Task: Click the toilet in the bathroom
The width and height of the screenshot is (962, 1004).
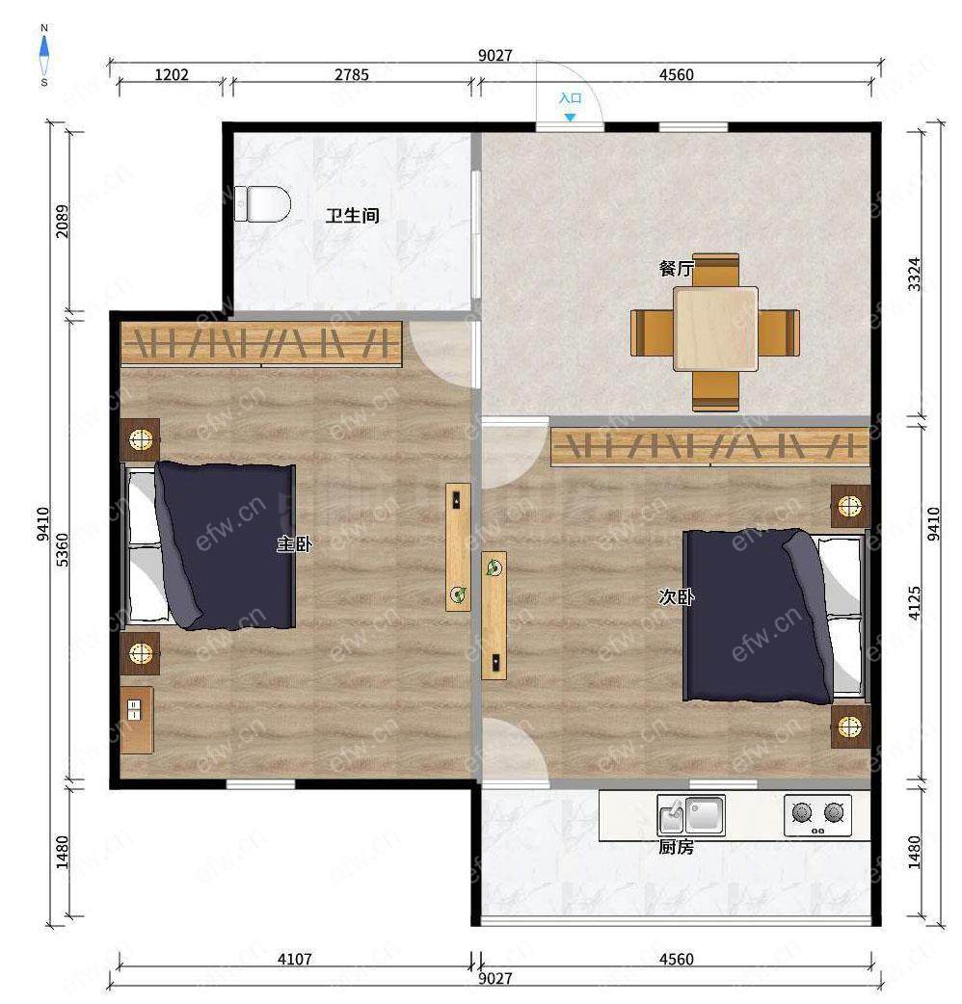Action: tap(262, 204)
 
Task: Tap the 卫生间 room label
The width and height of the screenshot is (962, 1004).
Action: tap(352, 215)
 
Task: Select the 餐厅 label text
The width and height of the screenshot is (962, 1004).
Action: tap(676, 268)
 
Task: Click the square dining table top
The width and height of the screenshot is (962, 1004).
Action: tap(715, 329)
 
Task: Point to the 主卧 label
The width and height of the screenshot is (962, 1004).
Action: tap(295, 544)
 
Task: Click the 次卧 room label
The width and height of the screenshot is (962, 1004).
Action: tap(677, 596)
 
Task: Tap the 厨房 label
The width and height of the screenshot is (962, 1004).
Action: tap(677, 847)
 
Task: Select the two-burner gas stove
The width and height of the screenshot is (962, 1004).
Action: tap(817, 815)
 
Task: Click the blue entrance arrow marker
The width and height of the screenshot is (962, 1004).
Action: tap(570, 118)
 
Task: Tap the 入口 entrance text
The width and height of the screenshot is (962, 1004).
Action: tap(570, 98)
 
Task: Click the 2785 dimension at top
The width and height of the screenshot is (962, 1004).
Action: tap(352, 75)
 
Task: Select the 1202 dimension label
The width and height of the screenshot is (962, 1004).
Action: tap(172, 75)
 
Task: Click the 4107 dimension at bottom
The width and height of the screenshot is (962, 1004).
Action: tap(295, 959)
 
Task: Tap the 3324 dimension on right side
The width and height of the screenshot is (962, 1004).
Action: tap(915, 274)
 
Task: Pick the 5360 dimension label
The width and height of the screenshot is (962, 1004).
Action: tap(62, 550)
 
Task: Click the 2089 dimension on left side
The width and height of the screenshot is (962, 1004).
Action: tap(62, 221)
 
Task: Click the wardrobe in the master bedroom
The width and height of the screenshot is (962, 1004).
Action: tap(261, 344)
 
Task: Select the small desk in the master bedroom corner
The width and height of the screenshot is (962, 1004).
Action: tap(137, 721)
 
